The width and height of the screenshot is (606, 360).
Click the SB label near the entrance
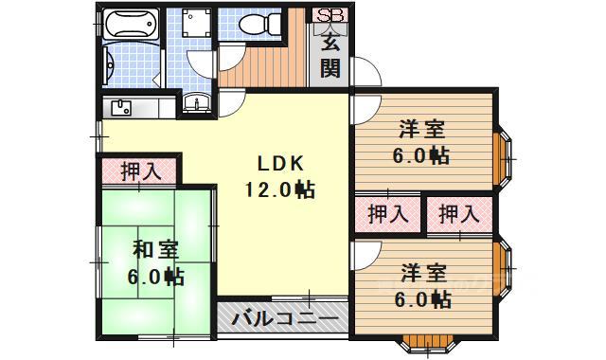pos(330,15)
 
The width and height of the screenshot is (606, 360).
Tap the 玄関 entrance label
pos(330,54)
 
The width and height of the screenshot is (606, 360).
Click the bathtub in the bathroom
pos(131,24)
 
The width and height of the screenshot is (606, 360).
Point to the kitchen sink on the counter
pos(121,107)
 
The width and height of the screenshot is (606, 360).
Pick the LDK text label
pos(280,164)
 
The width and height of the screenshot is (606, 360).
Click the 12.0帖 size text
pos(280,189)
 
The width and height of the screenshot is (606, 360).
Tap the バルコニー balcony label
pos(284,319)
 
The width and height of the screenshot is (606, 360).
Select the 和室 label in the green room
pos(155,250)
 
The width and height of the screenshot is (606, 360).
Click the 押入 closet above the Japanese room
pos(141,171)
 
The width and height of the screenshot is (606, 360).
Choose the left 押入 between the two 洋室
pos(388,214)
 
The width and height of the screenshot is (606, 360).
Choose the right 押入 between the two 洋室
pos(459,214)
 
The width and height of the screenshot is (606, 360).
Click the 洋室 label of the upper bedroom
pos(422,130)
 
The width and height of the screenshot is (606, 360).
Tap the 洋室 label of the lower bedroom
pos(423,273)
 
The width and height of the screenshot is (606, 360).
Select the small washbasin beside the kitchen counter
pos(196,102)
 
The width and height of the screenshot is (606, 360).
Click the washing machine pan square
pos(197,23)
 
